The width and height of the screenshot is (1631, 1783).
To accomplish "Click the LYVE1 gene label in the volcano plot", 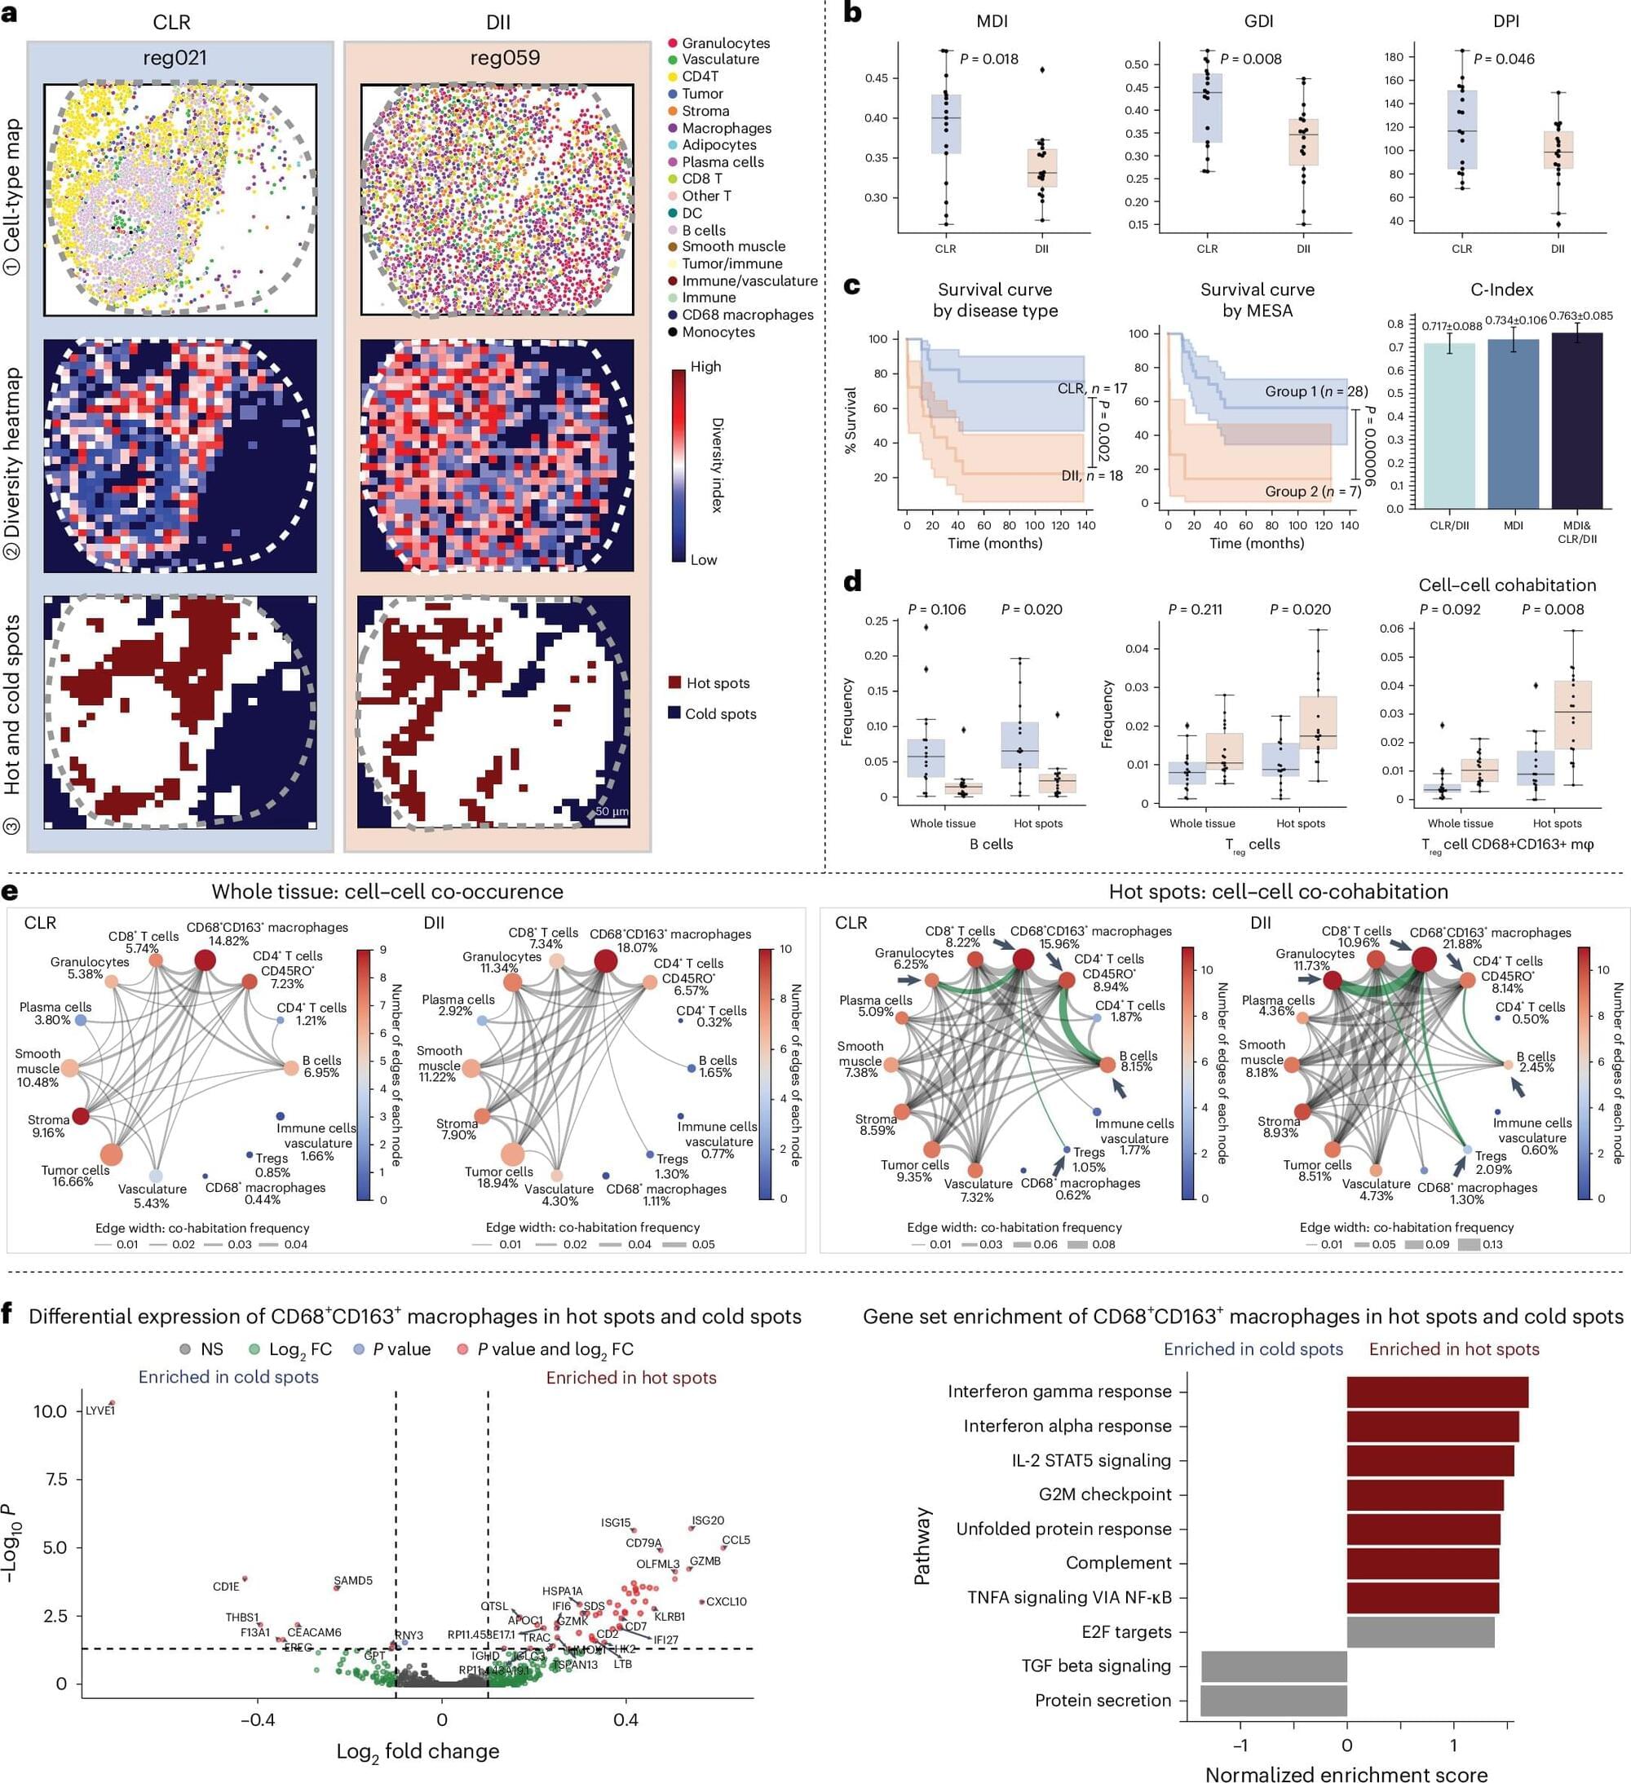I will (100, 1410).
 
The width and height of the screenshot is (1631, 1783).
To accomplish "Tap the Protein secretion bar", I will (1273, 1701).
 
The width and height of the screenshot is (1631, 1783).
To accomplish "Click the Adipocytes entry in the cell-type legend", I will (718, 145).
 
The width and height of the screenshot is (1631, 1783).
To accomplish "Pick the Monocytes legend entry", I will (718, 333).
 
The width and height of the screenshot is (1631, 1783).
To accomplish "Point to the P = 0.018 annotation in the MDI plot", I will (989, 60).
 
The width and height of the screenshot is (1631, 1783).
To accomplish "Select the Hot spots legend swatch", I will (675, 682).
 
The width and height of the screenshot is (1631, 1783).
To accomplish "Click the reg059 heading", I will (504, 59).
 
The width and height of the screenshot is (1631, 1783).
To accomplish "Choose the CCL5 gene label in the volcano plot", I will (736, 1540).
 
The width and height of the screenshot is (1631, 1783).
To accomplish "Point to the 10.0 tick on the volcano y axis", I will (51, 1411).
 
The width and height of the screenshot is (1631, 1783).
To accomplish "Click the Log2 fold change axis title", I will (418, 1751).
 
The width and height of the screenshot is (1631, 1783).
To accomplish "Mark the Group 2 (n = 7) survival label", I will (1313, 492).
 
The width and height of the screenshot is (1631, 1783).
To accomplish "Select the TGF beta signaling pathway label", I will (1096, 1666).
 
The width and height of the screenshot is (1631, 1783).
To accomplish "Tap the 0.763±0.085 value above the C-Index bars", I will (1580, 316).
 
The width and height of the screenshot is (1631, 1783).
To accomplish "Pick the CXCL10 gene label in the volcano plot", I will (726, 1602).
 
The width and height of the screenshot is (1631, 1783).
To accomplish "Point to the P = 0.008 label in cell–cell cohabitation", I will (1552, 609).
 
